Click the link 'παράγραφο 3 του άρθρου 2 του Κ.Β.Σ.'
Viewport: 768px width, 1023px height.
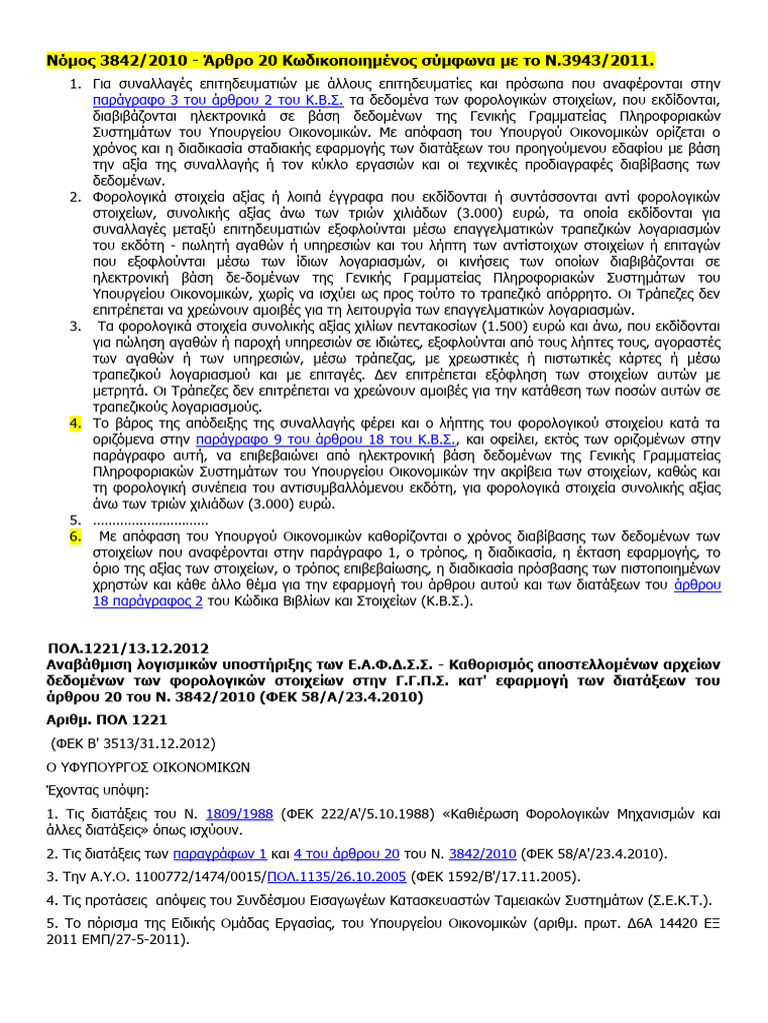click(x=218, y=101)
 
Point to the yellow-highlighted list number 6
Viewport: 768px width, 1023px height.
click(x=74, y=536)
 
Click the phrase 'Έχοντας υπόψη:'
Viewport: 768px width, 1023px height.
click(x=96, y=789)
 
